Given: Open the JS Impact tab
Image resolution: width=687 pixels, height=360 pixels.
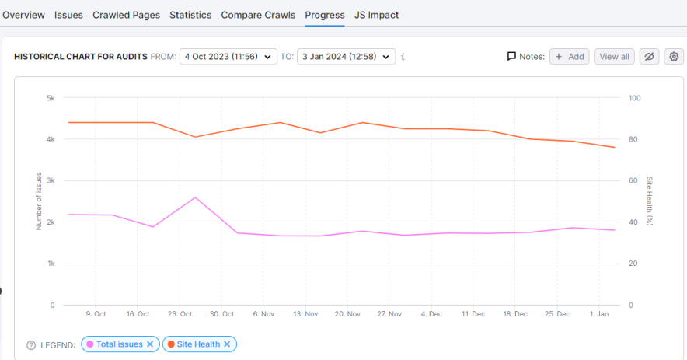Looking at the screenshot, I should point(376,15).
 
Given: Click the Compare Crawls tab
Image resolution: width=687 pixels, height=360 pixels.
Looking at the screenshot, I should point(258,15).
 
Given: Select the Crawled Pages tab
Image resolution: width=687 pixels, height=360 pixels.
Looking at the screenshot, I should point(126,15).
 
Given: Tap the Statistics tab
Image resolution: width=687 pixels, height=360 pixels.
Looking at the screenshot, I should point(190,15).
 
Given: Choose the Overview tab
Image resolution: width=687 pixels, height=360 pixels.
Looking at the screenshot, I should point(23,15).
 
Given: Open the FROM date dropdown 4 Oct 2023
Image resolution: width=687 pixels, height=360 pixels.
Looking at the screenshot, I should point(228,57).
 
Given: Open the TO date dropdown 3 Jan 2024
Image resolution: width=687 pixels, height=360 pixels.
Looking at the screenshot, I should point(346,57).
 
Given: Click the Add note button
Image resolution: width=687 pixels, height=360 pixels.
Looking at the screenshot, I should point(570,57).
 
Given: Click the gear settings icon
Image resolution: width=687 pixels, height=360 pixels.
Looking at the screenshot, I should point(674,57).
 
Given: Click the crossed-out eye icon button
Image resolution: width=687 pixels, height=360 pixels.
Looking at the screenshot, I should point(649,57).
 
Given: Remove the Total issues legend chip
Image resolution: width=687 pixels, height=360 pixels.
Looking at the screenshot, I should point(151,344).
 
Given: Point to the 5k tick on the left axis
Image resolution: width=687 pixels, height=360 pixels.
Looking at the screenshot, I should point(50,98).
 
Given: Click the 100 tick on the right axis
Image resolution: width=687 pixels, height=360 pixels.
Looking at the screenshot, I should point(634,98).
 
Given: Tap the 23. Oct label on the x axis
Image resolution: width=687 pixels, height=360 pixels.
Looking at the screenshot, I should point(180,314).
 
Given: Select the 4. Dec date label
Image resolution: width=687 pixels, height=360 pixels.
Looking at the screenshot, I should point(431,314).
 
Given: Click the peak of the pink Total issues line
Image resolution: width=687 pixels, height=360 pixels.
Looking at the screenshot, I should point(195,197).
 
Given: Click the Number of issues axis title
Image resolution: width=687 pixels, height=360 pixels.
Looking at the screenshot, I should point(39,201).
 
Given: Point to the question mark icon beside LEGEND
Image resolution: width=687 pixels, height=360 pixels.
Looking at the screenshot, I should point(31,344).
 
